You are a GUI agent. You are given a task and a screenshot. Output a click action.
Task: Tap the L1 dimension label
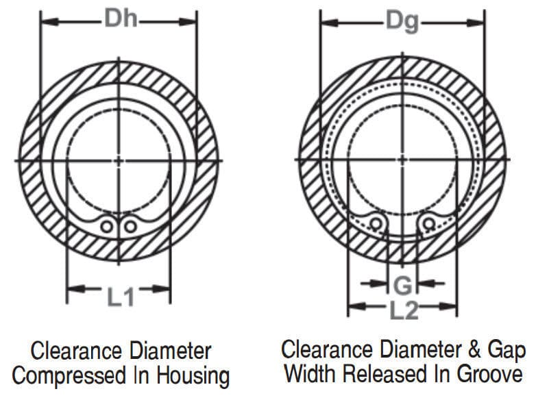point(119,296)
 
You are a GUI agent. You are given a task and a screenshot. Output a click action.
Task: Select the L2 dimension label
point(404,310)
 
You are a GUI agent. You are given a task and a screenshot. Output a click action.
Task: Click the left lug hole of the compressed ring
point(107,225)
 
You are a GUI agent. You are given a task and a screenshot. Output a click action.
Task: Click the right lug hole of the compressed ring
point(130,225)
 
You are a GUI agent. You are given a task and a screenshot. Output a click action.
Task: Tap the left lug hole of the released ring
point(376,223)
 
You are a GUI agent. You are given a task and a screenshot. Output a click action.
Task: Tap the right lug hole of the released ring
point(429,223)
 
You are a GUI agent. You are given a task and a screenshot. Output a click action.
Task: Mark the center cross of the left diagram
point(119,160)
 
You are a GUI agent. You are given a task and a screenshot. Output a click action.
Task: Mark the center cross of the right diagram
point(402,160)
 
